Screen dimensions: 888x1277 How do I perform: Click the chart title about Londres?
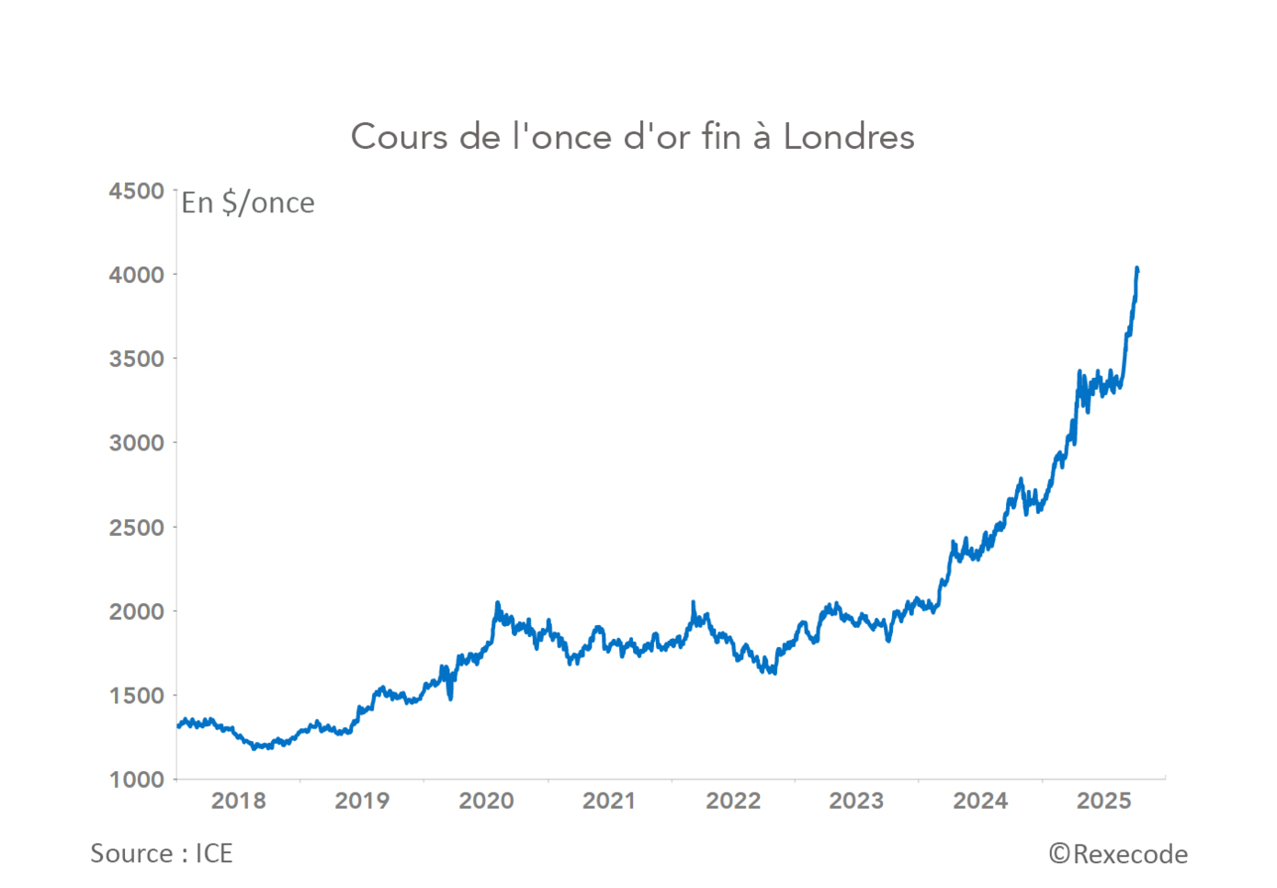pos(632,137)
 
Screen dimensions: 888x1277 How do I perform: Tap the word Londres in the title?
pos(848,137)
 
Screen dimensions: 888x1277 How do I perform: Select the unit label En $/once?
pos(248,202)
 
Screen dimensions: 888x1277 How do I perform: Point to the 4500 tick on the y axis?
pos(136,191)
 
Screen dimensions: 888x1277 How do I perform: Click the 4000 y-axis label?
pos(136,275)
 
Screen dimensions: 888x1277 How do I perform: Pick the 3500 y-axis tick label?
pos(136,359)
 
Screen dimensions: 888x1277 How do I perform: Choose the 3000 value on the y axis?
pos(136,443)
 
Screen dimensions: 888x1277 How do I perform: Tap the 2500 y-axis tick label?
pos(136,528)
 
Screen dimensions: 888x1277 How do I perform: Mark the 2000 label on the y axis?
pos(136,611)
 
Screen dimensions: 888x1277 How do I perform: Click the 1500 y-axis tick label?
pos(136,696)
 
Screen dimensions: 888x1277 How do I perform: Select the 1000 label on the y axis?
pos(136,780)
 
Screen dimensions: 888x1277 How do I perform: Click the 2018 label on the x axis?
pos(239,801)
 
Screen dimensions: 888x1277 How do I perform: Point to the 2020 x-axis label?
pos(486,801)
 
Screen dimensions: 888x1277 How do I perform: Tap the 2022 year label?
pos(733,801)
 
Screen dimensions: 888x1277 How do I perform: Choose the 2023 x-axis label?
pos(856,801)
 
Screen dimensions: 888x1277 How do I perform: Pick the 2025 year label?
pos(1104,801)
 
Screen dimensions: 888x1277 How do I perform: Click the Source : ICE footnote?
pos(162,854)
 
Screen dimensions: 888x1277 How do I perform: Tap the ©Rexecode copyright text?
pos(1118,855)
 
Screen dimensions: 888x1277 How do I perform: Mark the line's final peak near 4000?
pos(1137,268)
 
